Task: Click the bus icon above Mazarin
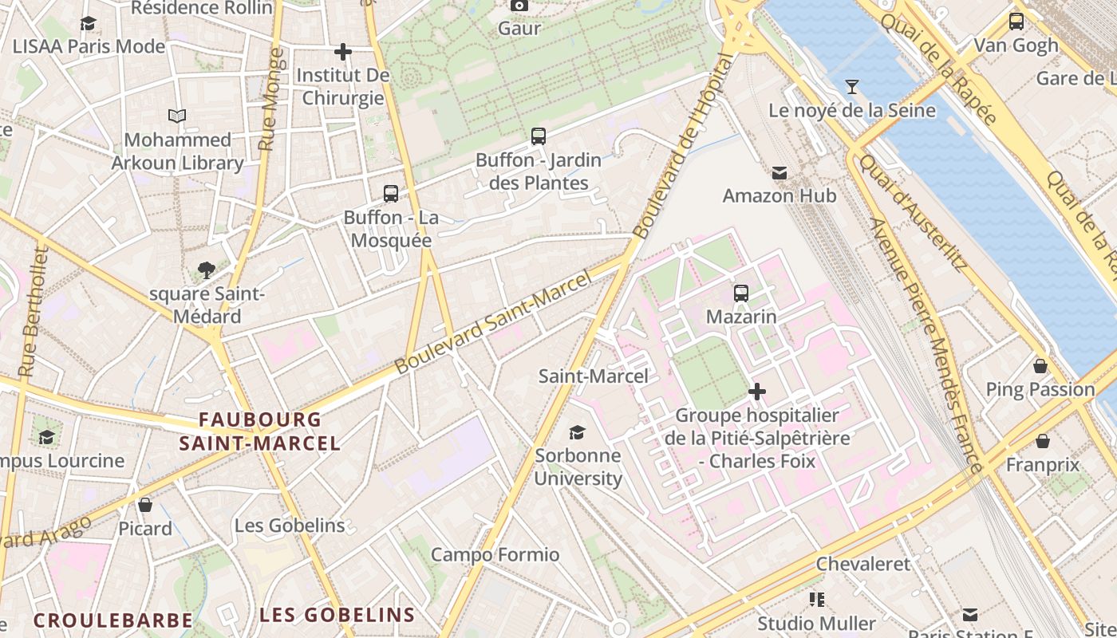click(x=741, y=293)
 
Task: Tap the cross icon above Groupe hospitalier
click(x=757, y=392)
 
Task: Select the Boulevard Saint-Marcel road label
click(x=494, y=321)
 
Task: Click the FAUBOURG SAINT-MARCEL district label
click(x=260, y=431)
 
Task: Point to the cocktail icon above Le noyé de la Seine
click(x=852, y=86)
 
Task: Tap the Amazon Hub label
click(x=779, y=195)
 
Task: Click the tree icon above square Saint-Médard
click(x=207, y=270)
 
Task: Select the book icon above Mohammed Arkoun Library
click(x=177, y=116)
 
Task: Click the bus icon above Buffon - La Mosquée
click(x=391, y=193)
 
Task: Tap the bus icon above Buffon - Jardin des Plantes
click(x=539, y=136)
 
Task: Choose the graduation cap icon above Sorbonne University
click(x=577, y=432)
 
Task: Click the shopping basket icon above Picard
click(x=145, y=505)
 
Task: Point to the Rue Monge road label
click(x=271, y=100)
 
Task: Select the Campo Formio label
click(x=495, y=554)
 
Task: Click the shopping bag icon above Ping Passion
click(x=1040, y=366)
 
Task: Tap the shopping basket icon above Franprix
click(x=1042, y=441)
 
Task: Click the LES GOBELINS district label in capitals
click(x=337, y=615)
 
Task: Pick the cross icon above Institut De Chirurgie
click(x=343, y=53)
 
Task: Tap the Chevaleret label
click(x=862, y=564)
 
